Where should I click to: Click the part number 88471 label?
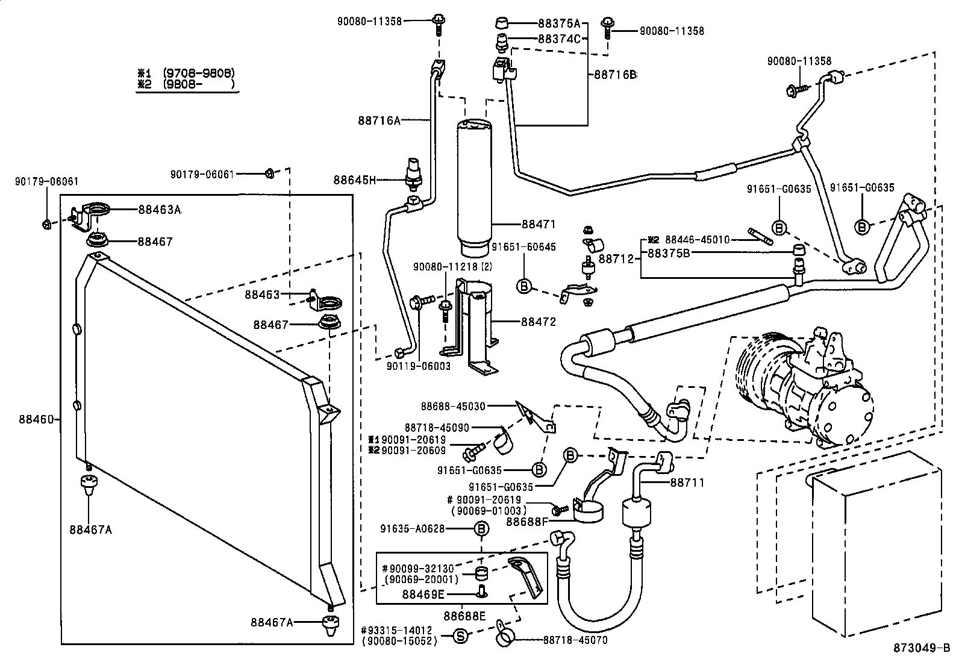pyautogui.click(x=538, y=224)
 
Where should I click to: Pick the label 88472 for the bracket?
pyautogui.click(x=538, y=322)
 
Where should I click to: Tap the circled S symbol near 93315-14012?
pyautogui.click(x=460, y=635)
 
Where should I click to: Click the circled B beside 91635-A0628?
pyautogui.click(x=481, y=529)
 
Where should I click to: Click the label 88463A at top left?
pyautogui.click(x=159, y=210)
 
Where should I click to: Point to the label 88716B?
pyautogui.click(x=614, y=75)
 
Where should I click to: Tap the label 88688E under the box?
pyautogui.click(x=464, y=616)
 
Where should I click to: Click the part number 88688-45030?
pyautogui.click(x=453, y=407)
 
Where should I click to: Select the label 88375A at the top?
pyautogui.click(x=558, y=24)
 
